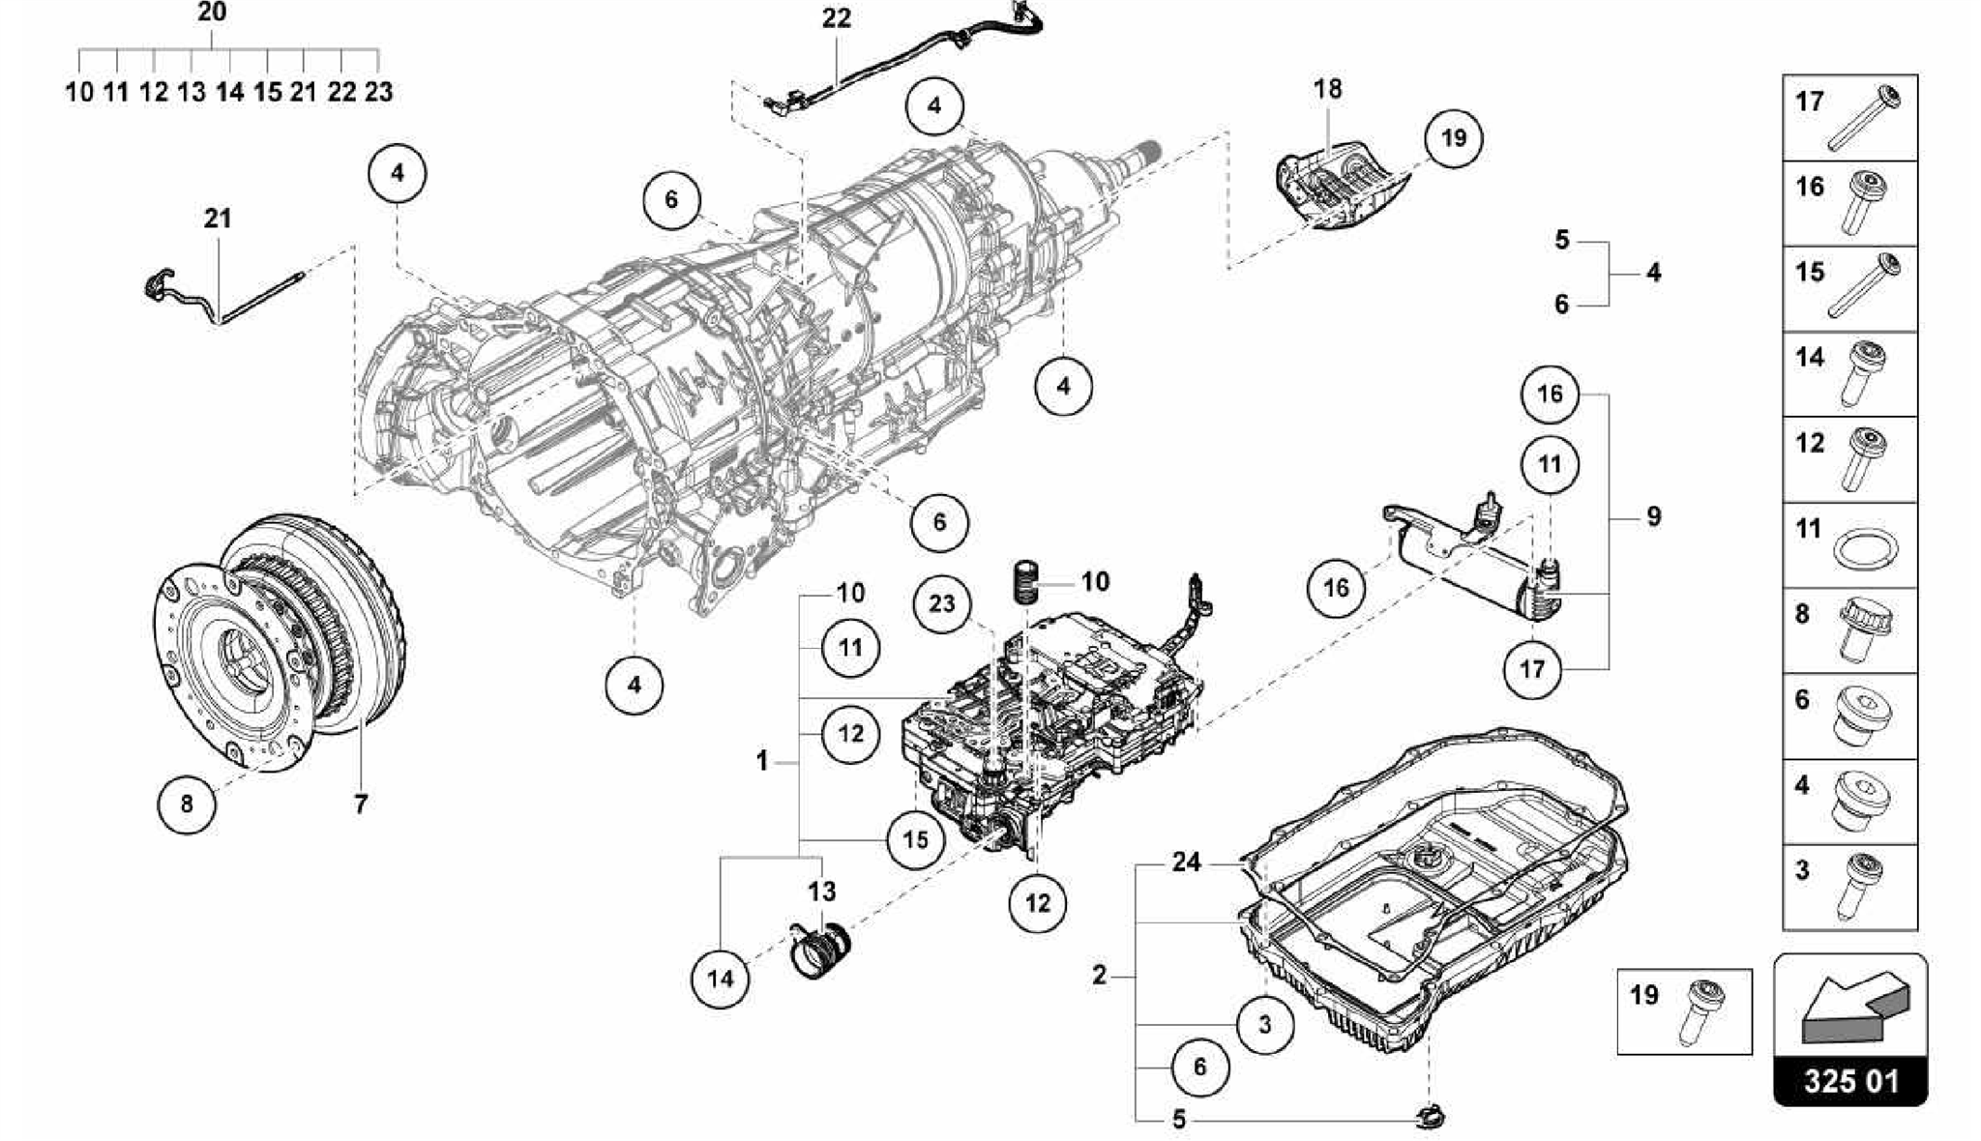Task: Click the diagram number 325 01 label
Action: pyautogui.click(x=1849, y=1080)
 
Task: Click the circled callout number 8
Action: pyautogui.click(x=186, y=803)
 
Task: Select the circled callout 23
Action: pyautogui.click(x=941, y=604)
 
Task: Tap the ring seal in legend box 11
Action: pyautogui.click(x=1865, y=551)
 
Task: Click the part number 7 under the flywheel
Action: pyautogui.click(x=360, y=804)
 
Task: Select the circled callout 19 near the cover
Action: pyautogui.click(x=1453, y=138)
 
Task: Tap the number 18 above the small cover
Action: pyautogui.click(x=1327, y=89)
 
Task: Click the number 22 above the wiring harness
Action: pyautogui.click(x=836, y=18)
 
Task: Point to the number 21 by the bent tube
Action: pyautogui.click(x=218, y=219)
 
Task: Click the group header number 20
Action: pyautogui.click(x=212, y=13)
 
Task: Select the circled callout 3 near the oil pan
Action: pyautogui.click(x=1264, y=1023)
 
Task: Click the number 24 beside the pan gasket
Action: pyautogui.click(x=1186, y=862)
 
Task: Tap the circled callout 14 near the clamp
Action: pyautogui.click(x=720, y=979)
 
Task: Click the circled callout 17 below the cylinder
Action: pyautogui.click(x=1532, y=668)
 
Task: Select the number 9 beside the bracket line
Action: pyautogui.click(x=1653, y=516)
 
